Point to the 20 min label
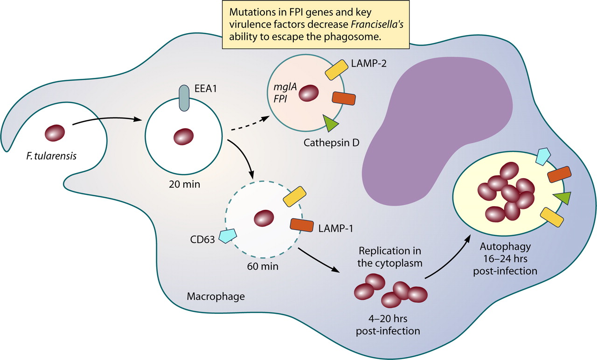click(x=185, y=184)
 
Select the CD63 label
click(x=202, y=240)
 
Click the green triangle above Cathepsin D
click(x=331, y=123)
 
